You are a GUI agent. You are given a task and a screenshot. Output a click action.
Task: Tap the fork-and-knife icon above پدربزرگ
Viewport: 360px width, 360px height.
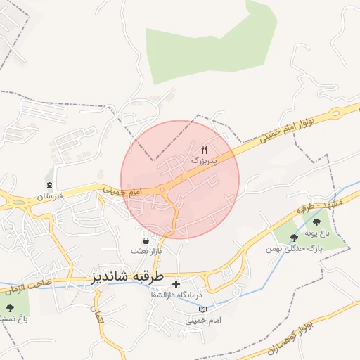click(205, 150)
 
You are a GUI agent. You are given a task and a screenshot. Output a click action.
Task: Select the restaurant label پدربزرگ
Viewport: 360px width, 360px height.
click(205, 160)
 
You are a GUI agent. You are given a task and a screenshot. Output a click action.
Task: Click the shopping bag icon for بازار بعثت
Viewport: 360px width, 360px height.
click(145, 240)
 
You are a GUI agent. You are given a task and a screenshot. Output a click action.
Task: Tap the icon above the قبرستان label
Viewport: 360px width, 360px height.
click(50, 185)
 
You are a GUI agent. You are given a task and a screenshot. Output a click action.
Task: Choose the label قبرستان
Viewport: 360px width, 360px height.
click(50, 196)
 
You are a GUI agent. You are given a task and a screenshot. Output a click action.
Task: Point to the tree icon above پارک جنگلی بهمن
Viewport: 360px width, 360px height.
click(294, 238)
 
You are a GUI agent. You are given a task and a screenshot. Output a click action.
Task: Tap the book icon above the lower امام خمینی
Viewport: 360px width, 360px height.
click(202, 309)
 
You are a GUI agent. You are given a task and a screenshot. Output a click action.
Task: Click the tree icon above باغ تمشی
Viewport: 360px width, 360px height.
click(9, 308)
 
